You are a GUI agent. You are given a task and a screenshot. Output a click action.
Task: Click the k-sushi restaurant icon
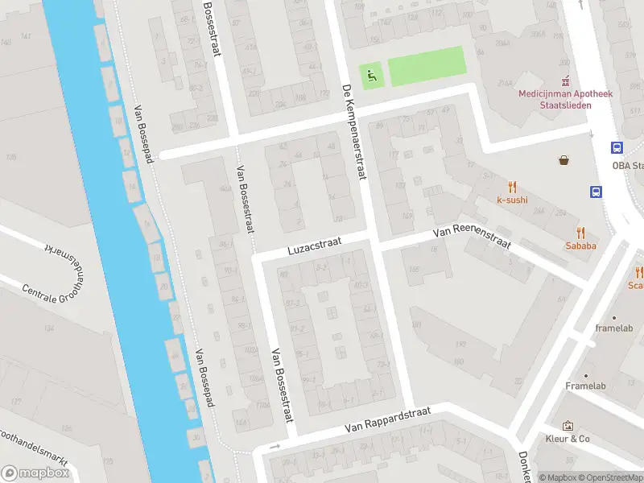coord(512,186)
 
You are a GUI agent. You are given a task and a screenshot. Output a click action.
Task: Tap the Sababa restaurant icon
coord(580,232)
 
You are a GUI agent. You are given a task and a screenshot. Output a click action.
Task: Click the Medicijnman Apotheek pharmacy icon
coord(566,81)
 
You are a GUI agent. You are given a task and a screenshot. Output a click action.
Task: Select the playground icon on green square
coord(371,76)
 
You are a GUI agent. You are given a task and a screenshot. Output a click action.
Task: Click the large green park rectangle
coord(427,66)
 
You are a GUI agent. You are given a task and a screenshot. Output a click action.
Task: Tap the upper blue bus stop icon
coord(617,147)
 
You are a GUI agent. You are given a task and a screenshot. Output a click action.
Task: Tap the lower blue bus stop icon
coord(597,192)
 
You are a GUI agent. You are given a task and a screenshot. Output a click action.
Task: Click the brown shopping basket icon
coord(563,160)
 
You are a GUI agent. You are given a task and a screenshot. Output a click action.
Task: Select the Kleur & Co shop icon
coord(568,425)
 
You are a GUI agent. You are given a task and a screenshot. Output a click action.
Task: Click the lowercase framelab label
coord(616,328)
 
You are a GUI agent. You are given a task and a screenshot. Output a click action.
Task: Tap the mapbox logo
coord(36,473)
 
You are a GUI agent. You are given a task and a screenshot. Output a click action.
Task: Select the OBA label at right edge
coord(627,166)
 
